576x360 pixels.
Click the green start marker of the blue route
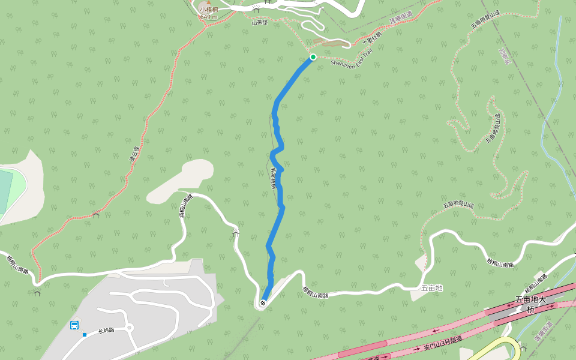(313, 57)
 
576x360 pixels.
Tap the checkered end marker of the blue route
(263, 303)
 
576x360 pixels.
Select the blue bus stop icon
(74, 325)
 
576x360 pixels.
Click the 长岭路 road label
(106, 330)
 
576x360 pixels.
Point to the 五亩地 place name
(431, 288)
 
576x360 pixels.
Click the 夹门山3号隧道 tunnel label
(443, 344)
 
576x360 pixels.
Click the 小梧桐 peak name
(209, 10)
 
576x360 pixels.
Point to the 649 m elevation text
(209, 17)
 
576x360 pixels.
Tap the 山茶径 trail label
(259, 23)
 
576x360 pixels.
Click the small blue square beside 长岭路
(85, 335)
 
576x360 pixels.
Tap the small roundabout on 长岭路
(129, 328)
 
